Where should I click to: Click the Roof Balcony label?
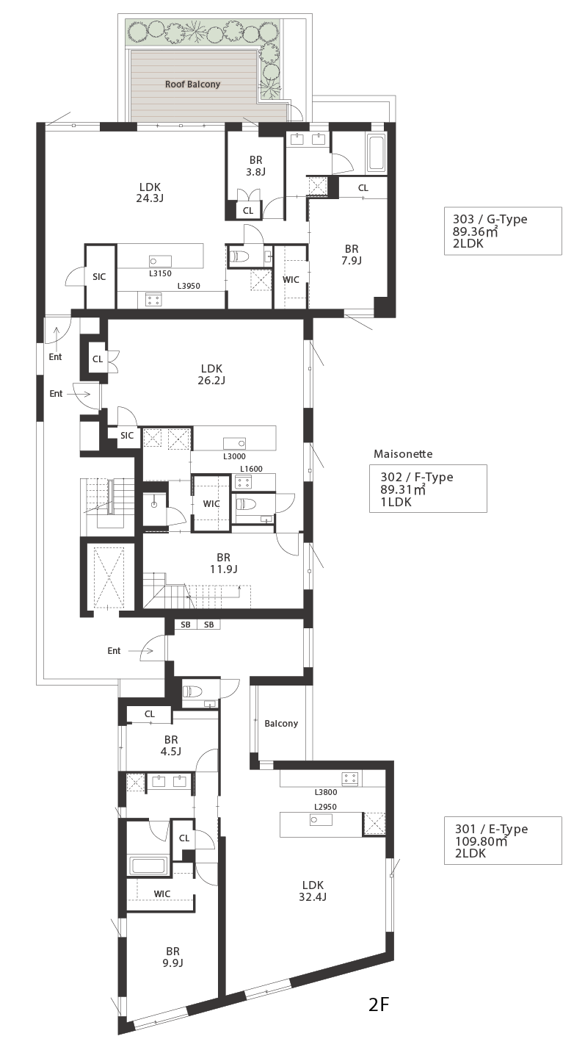(x=192, y=84)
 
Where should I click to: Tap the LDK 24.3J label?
(x=150, y=193)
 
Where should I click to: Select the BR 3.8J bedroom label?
(x=255, y=166)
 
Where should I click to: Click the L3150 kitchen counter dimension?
(x=160, y=273)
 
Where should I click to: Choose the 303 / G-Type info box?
(x=503, y=231)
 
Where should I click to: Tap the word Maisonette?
(x=403, y=454)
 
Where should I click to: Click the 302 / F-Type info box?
(x=428, y=489)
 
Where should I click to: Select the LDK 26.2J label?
(x=211, y=374)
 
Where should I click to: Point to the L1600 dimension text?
(x=252, y=469)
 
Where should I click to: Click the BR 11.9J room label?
(x=223, y=563)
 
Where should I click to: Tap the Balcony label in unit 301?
(x=281, y=723)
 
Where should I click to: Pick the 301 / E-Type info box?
(x=503, y=841)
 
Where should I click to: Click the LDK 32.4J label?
(x=313, y=891)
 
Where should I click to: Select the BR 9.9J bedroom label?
(x=172, y=957)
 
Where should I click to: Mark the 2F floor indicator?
(x=379, y=1018)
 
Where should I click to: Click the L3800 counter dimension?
(x=326, y=792)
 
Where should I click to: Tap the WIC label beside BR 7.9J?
(x=291, y=279)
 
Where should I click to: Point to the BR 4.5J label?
(x=171, y=745)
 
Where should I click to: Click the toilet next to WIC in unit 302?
(x=247, y=504)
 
